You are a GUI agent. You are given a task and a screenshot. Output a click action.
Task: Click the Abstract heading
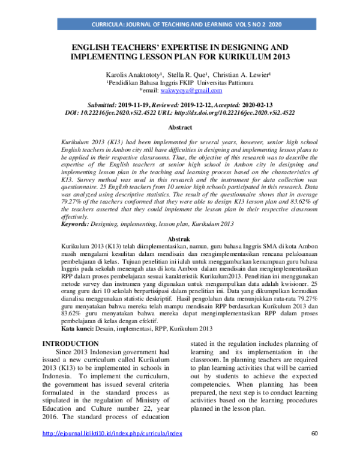pos(179,128)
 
